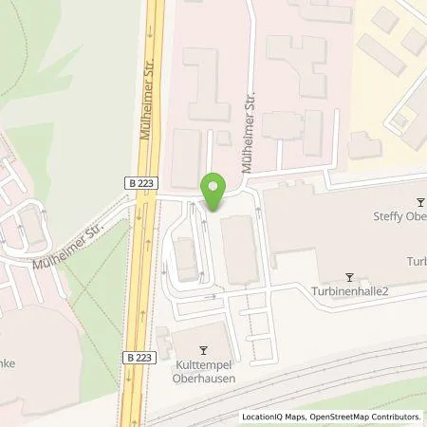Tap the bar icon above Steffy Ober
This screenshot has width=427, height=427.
point(421,202)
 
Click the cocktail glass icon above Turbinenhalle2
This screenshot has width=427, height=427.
point(349,277)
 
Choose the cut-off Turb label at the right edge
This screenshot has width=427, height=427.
point(416,261)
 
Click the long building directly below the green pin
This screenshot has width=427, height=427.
point(238,250)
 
